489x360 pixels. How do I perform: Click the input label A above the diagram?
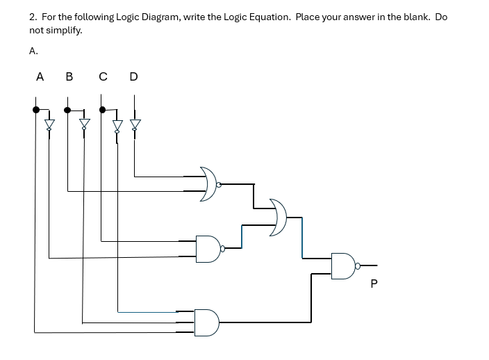[x=40, y=76]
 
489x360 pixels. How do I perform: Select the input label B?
[x=69, y=76]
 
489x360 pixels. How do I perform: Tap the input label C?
[x=103, y=76]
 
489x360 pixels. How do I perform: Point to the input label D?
[x=133, y=76]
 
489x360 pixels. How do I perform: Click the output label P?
[x=374, y=284]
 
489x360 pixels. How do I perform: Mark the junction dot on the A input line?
[x=35, y=109]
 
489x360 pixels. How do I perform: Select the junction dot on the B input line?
[x=67, y=109]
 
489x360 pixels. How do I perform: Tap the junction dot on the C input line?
[x=103, y=109]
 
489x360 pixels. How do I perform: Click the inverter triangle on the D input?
[x=135, y=125]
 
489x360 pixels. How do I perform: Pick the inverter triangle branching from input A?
[x=49, y=125]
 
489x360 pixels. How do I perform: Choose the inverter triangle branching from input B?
[x=84, y=125]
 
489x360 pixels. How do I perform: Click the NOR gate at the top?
[x=208, y=184]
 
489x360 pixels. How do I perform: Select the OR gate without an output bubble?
[x=278, y=217]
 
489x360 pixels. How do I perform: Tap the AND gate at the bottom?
[x=207, y=322]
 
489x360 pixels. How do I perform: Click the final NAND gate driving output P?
[x=342, y=265]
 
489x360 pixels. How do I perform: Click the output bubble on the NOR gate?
[x=219, y=185]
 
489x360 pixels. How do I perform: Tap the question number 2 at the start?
[x=32, y=17]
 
